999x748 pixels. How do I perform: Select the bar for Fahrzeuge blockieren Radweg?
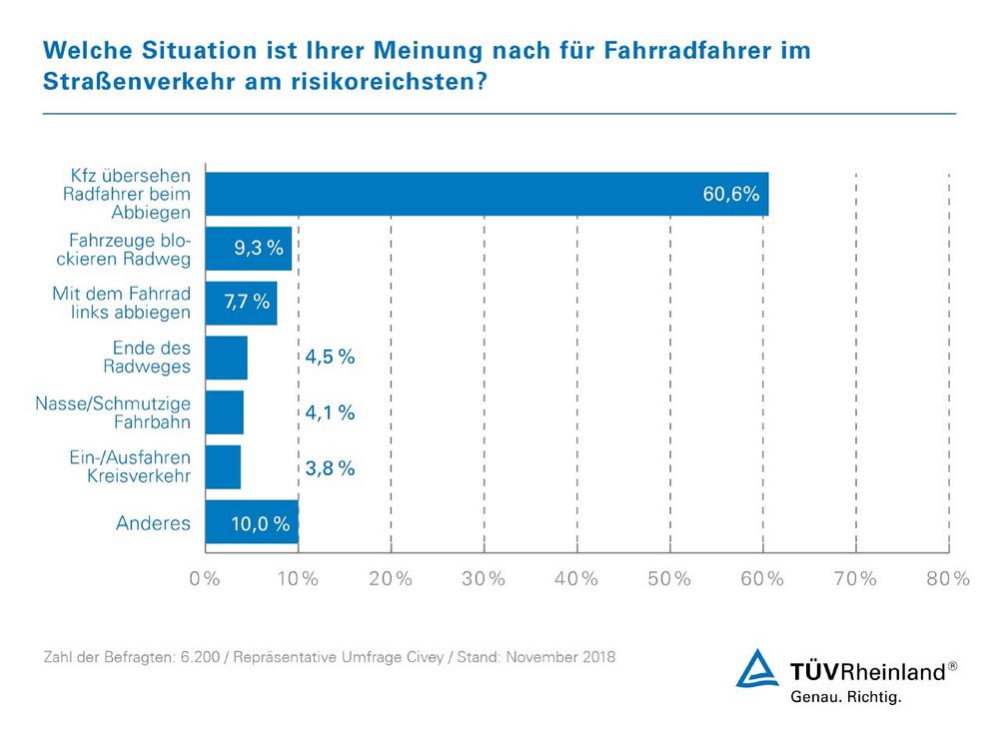click(248, 249)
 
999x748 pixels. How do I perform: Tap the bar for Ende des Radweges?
click(226, 358)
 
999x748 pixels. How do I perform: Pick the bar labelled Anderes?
click(251, 522)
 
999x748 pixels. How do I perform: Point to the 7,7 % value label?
click(246, 303)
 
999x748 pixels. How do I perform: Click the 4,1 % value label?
click(329, 412)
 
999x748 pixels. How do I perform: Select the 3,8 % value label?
click(329, 467)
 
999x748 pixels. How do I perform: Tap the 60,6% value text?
click(730, 195)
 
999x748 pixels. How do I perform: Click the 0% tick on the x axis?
click(205, 579)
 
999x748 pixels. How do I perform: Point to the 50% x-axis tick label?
click(669, 579)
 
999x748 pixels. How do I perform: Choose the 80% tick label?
click(947, 579)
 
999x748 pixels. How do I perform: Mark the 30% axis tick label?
click(484, 579)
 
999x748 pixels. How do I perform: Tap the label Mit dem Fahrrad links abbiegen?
click(121, 303)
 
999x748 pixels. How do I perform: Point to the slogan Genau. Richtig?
click(845, 698)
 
